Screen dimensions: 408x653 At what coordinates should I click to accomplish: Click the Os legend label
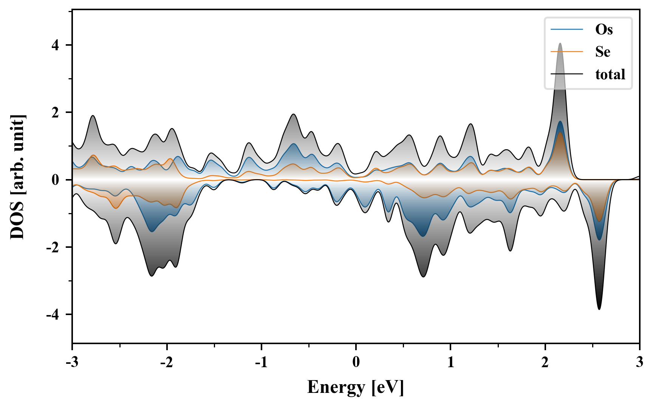click(604, 29)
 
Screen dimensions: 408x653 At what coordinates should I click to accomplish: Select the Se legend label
click(603, 52)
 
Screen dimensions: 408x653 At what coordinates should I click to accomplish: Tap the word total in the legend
click(610, 74)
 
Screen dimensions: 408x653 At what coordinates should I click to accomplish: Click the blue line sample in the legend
click(566, 29)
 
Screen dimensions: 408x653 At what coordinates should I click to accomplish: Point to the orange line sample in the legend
click(566, 52)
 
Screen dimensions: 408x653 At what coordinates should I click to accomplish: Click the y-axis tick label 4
click(56, 45)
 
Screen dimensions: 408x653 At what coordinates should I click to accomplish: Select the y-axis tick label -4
click(53, 315)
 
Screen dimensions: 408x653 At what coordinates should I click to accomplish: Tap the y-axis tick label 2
click(56, 113)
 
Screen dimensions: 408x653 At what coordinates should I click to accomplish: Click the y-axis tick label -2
click(53, 247)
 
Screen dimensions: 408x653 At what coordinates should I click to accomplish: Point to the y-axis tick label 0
click(56, 180)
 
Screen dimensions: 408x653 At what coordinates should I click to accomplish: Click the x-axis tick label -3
click(72, 362)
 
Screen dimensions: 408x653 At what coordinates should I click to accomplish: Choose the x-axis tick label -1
click(261, 362)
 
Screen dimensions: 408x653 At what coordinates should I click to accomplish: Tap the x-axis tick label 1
click(450, 362)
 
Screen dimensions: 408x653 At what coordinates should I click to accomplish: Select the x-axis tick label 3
click(639, 362)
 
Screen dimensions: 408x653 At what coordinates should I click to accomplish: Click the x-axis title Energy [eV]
click(356, 387)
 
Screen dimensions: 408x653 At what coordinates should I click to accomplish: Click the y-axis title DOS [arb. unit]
click(17, 177)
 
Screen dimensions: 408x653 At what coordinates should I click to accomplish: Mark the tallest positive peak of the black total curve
click(560, 43)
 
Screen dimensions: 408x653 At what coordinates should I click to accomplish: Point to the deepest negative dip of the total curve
click(599, 309)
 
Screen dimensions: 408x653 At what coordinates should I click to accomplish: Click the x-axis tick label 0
click(356, 362)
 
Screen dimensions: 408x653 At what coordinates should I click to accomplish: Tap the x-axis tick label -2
click(167, 362)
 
